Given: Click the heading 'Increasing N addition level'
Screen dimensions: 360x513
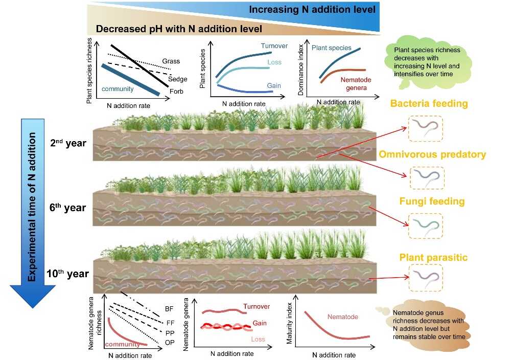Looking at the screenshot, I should [x=312, y=9].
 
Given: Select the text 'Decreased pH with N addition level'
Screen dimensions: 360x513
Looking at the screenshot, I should [x=178, y=29].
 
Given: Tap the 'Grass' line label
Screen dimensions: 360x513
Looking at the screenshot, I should [x=171, y=61].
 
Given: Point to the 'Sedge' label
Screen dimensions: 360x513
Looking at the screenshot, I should [x=177, y=79].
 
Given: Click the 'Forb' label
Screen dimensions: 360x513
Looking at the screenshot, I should [x=177, y=92].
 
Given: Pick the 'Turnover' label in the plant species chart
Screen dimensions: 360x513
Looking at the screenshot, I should [x=274, y=46].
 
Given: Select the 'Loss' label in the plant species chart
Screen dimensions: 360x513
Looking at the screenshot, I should [x=274, y=62].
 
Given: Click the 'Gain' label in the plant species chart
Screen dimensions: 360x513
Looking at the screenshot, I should [x=274, y=85].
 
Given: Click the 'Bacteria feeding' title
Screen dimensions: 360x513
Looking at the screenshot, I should [x=429, y=104].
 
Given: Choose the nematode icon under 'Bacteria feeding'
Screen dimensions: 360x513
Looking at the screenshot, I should [x=425, y=128].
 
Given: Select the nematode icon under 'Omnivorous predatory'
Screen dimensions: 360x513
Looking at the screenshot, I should [x=425, y=177].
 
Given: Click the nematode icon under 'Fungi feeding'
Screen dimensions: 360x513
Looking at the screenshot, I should [x=425, y=226].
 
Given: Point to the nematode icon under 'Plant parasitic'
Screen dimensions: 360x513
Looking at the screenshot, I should [x=425, y=279].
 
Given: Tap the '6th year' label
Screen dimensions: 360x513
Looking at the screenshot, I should [x=68, y=208].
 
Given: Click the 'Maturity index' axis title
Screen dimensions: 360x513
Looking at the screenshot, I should [x=290, y=327].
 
